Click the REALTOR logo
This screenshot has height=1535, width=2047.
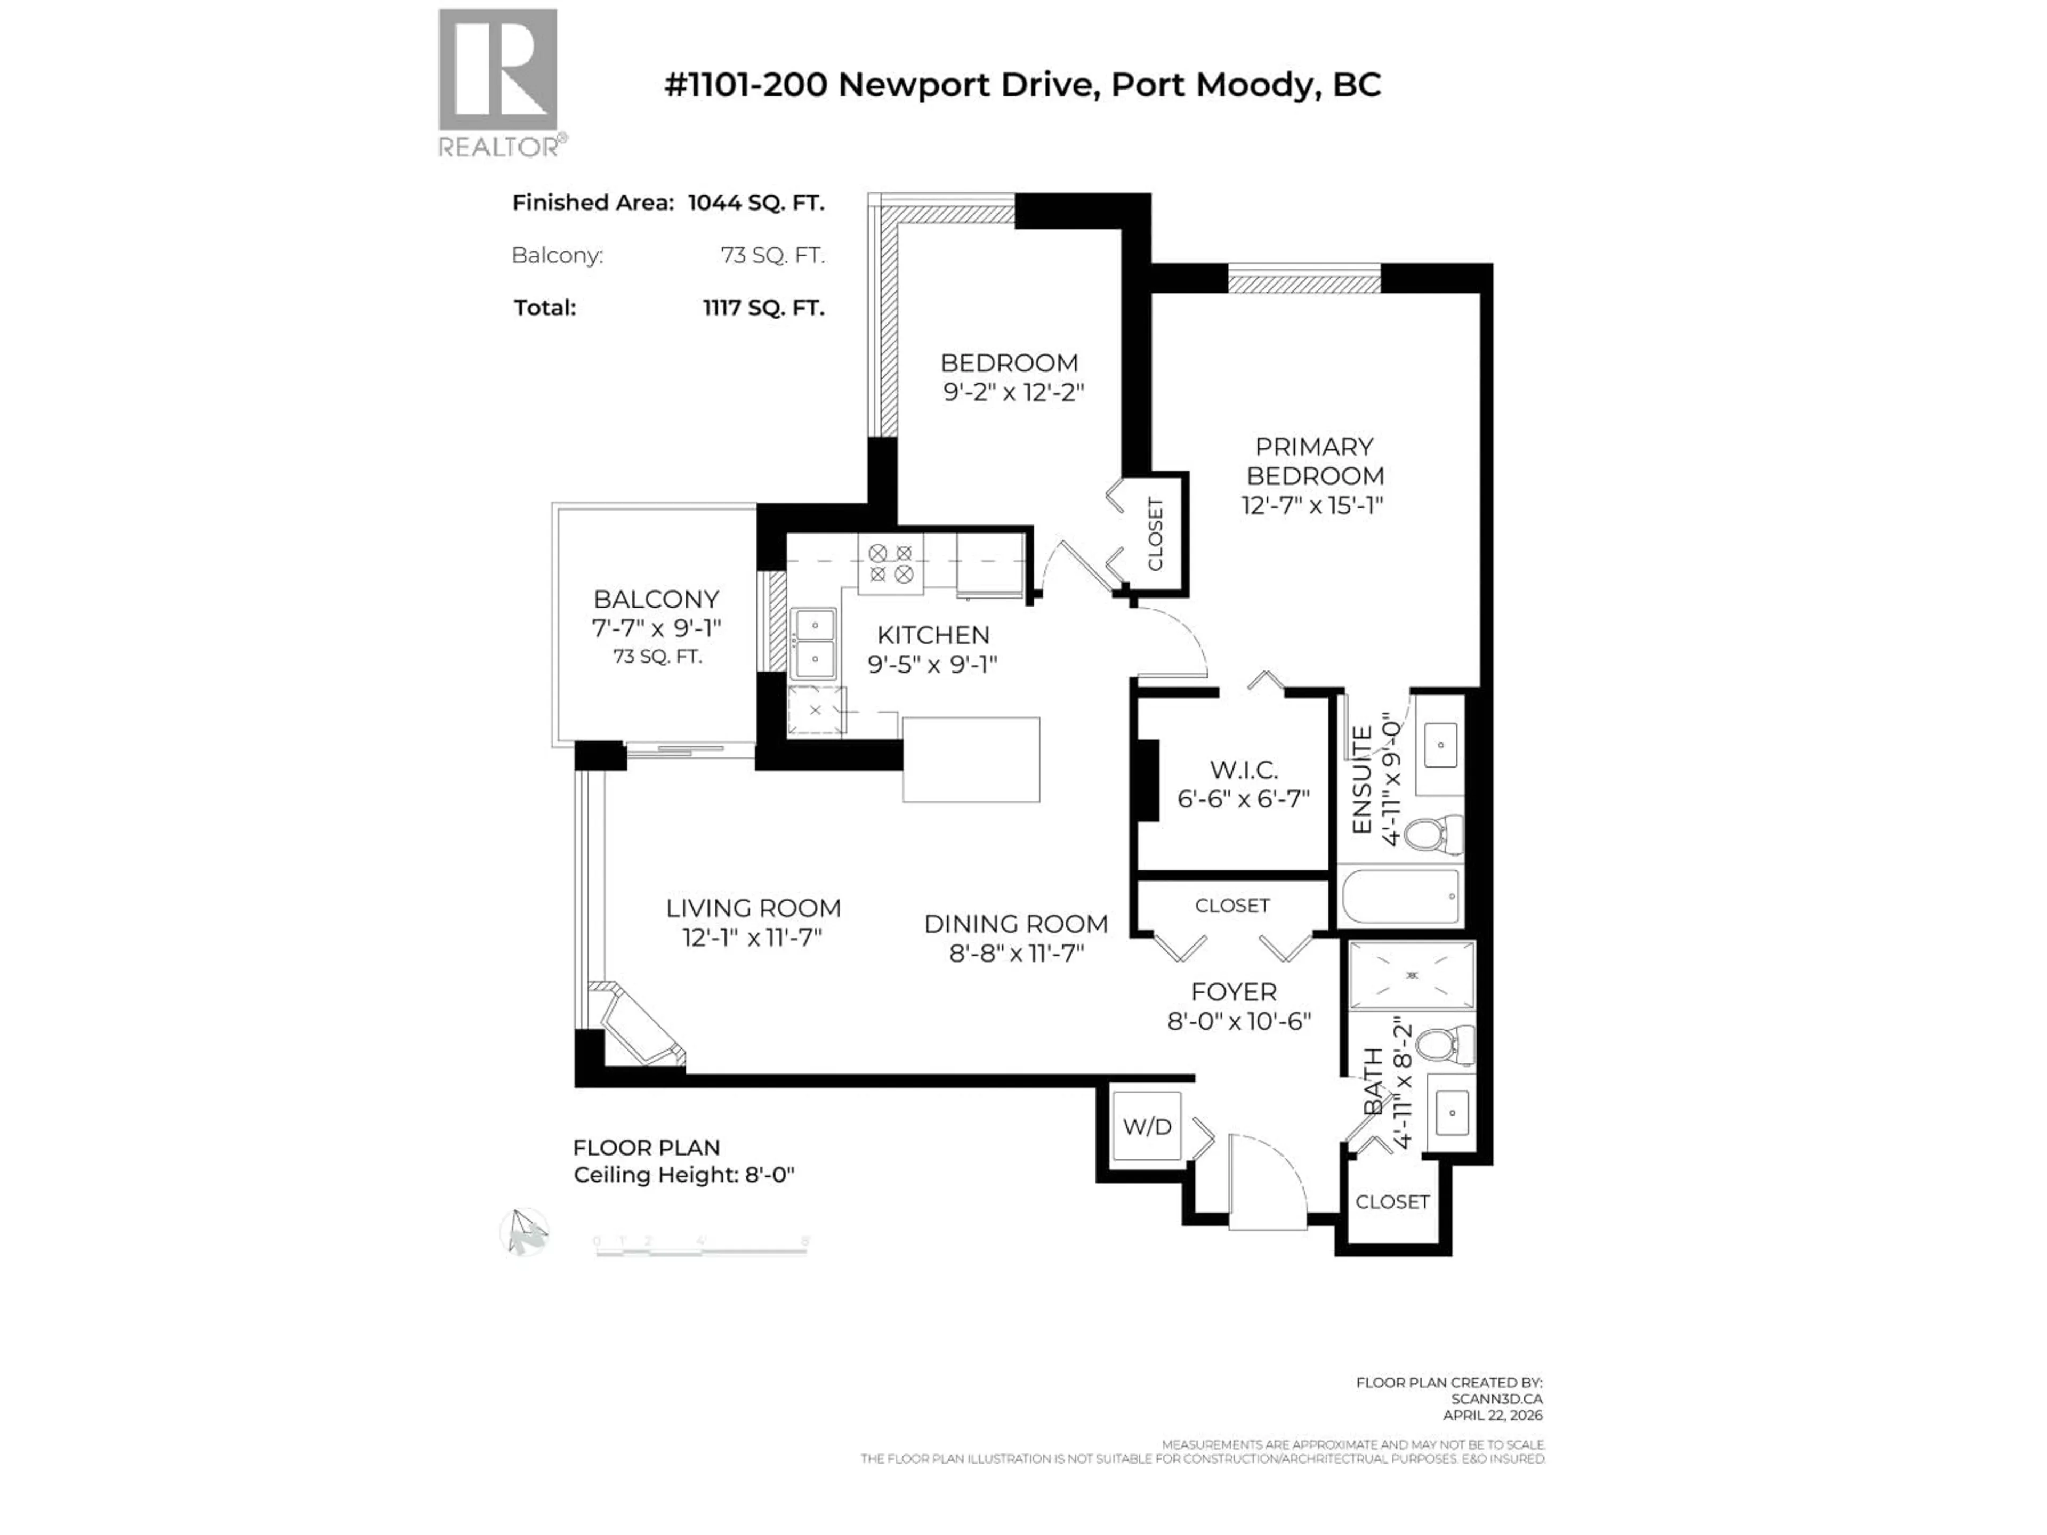tap(498, 83)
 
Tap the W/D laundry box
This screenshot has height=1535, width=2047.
tap(1147, 1126)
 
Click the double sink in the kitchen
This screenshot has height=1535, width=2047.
tap(813, 643)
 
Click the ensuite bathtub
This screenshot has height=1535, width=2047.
tap(1400, 895)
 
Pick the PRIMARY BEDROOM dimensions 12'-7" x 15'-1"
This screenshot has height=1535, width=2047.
tap(1312, 505)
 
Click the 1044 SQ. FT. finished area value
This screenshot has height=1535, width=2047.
tap(755, 203)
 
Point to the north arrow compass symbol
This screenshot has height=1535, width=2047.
tap(525, 1232)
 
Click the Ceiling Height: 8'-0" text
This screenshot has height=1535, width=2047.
tap(684, 1175)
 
